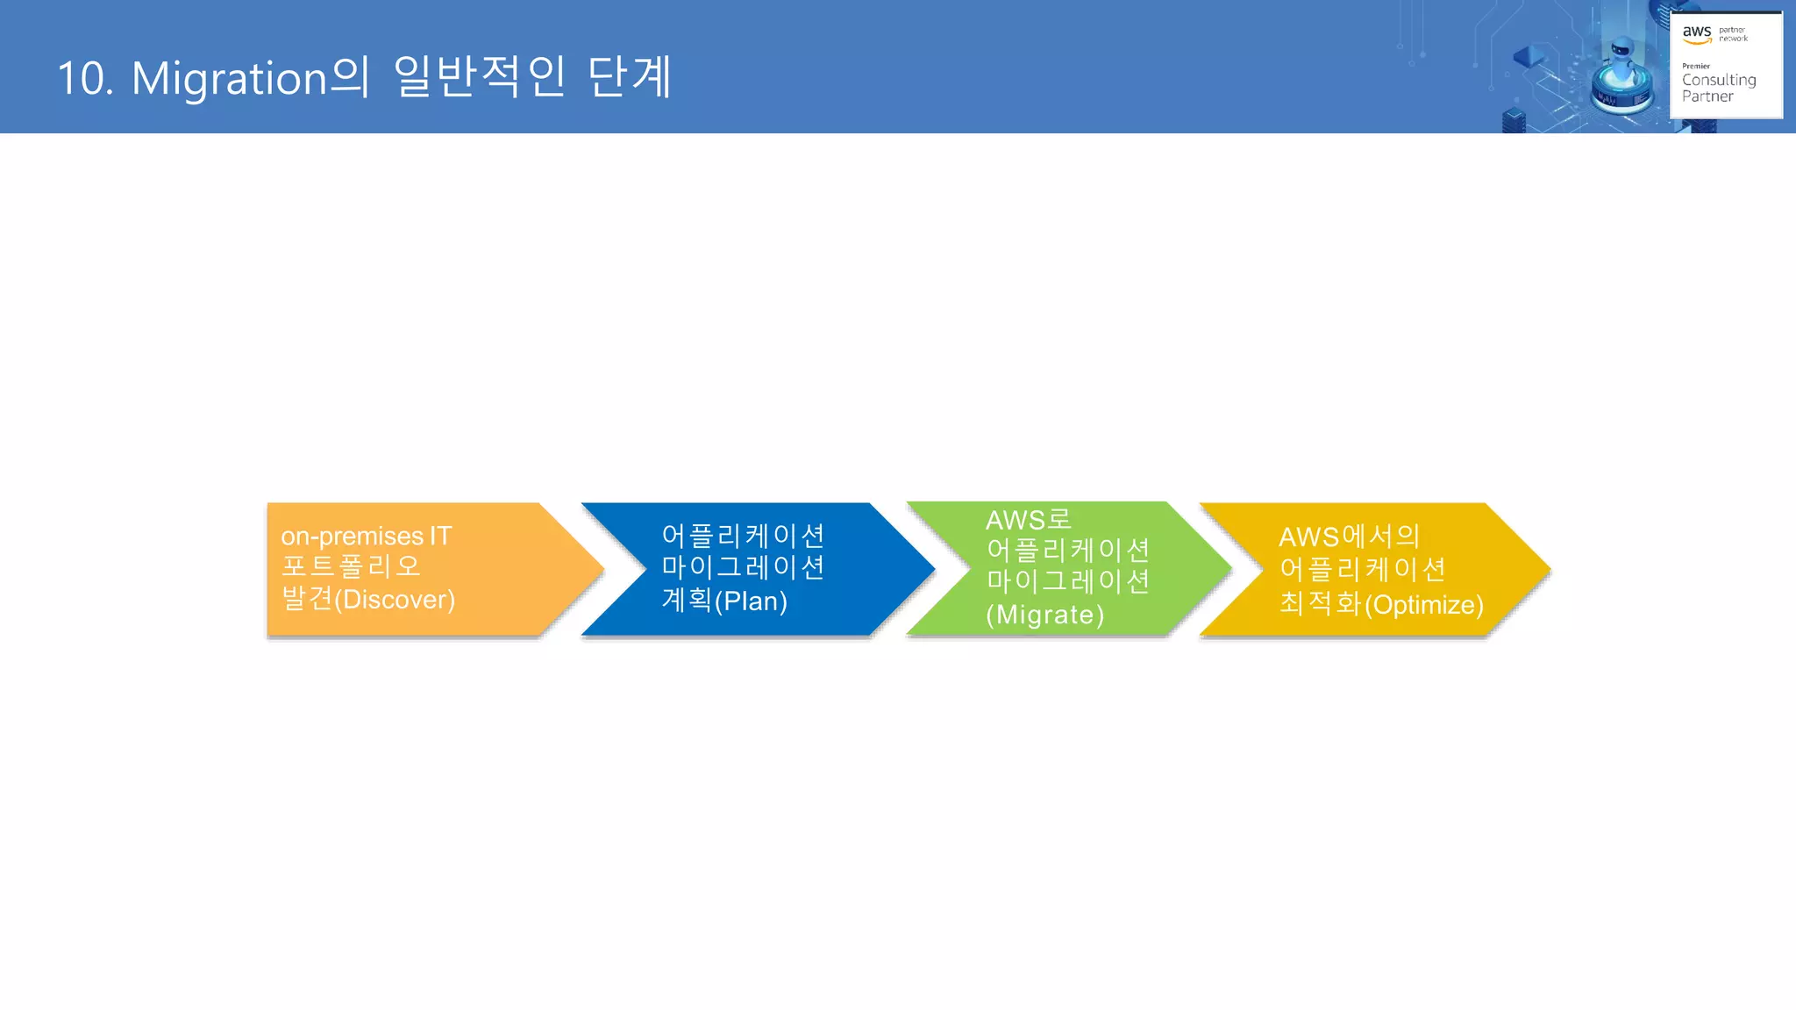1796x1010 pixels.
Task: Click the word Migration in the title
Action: pyautogui.click(x=229, y=79)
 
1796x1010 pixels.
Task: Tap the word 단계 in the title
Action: pyautogui.click(x=629, y=77)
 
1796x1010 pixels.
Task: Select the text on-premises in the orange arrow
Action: pyautogui.click(x=352, y=536)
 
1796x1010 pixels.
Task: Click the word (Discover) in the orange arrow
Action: pyautogui.click(x=395, y=600)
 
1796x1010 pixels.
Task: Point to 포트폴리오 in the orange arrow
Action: pyautogui.click(x=351, y=566)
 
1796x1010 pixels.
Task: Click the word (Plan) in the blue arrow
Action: pyautogui.click(x=751, y=601)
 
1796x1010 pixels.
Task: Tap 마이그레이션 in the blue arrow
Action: pyautogui.click(x=743, y=567)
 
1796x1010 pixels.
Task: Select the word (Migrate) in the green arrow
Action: pyautogui.click(x=1044, y=615)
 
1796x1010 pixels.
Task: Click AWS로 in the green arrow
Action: pyautogui.click(x=1028, y=520)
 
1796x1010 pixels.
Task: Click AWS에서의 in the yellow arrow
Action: pyautogui.click(x=1349, y=537)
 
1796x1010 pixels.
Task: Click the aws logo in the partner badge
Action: pyautogui.click(x=1696, y=33)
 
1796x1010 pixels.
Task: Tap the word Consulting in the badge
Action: pyautogui.click(x=1718, y=80)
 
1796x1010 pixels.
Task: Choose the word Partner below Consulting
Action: pyautogui.click(x=1707, y=96)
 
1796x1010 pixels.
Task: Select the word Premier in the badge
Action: pyautogui.click(x=1695, y=66)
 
